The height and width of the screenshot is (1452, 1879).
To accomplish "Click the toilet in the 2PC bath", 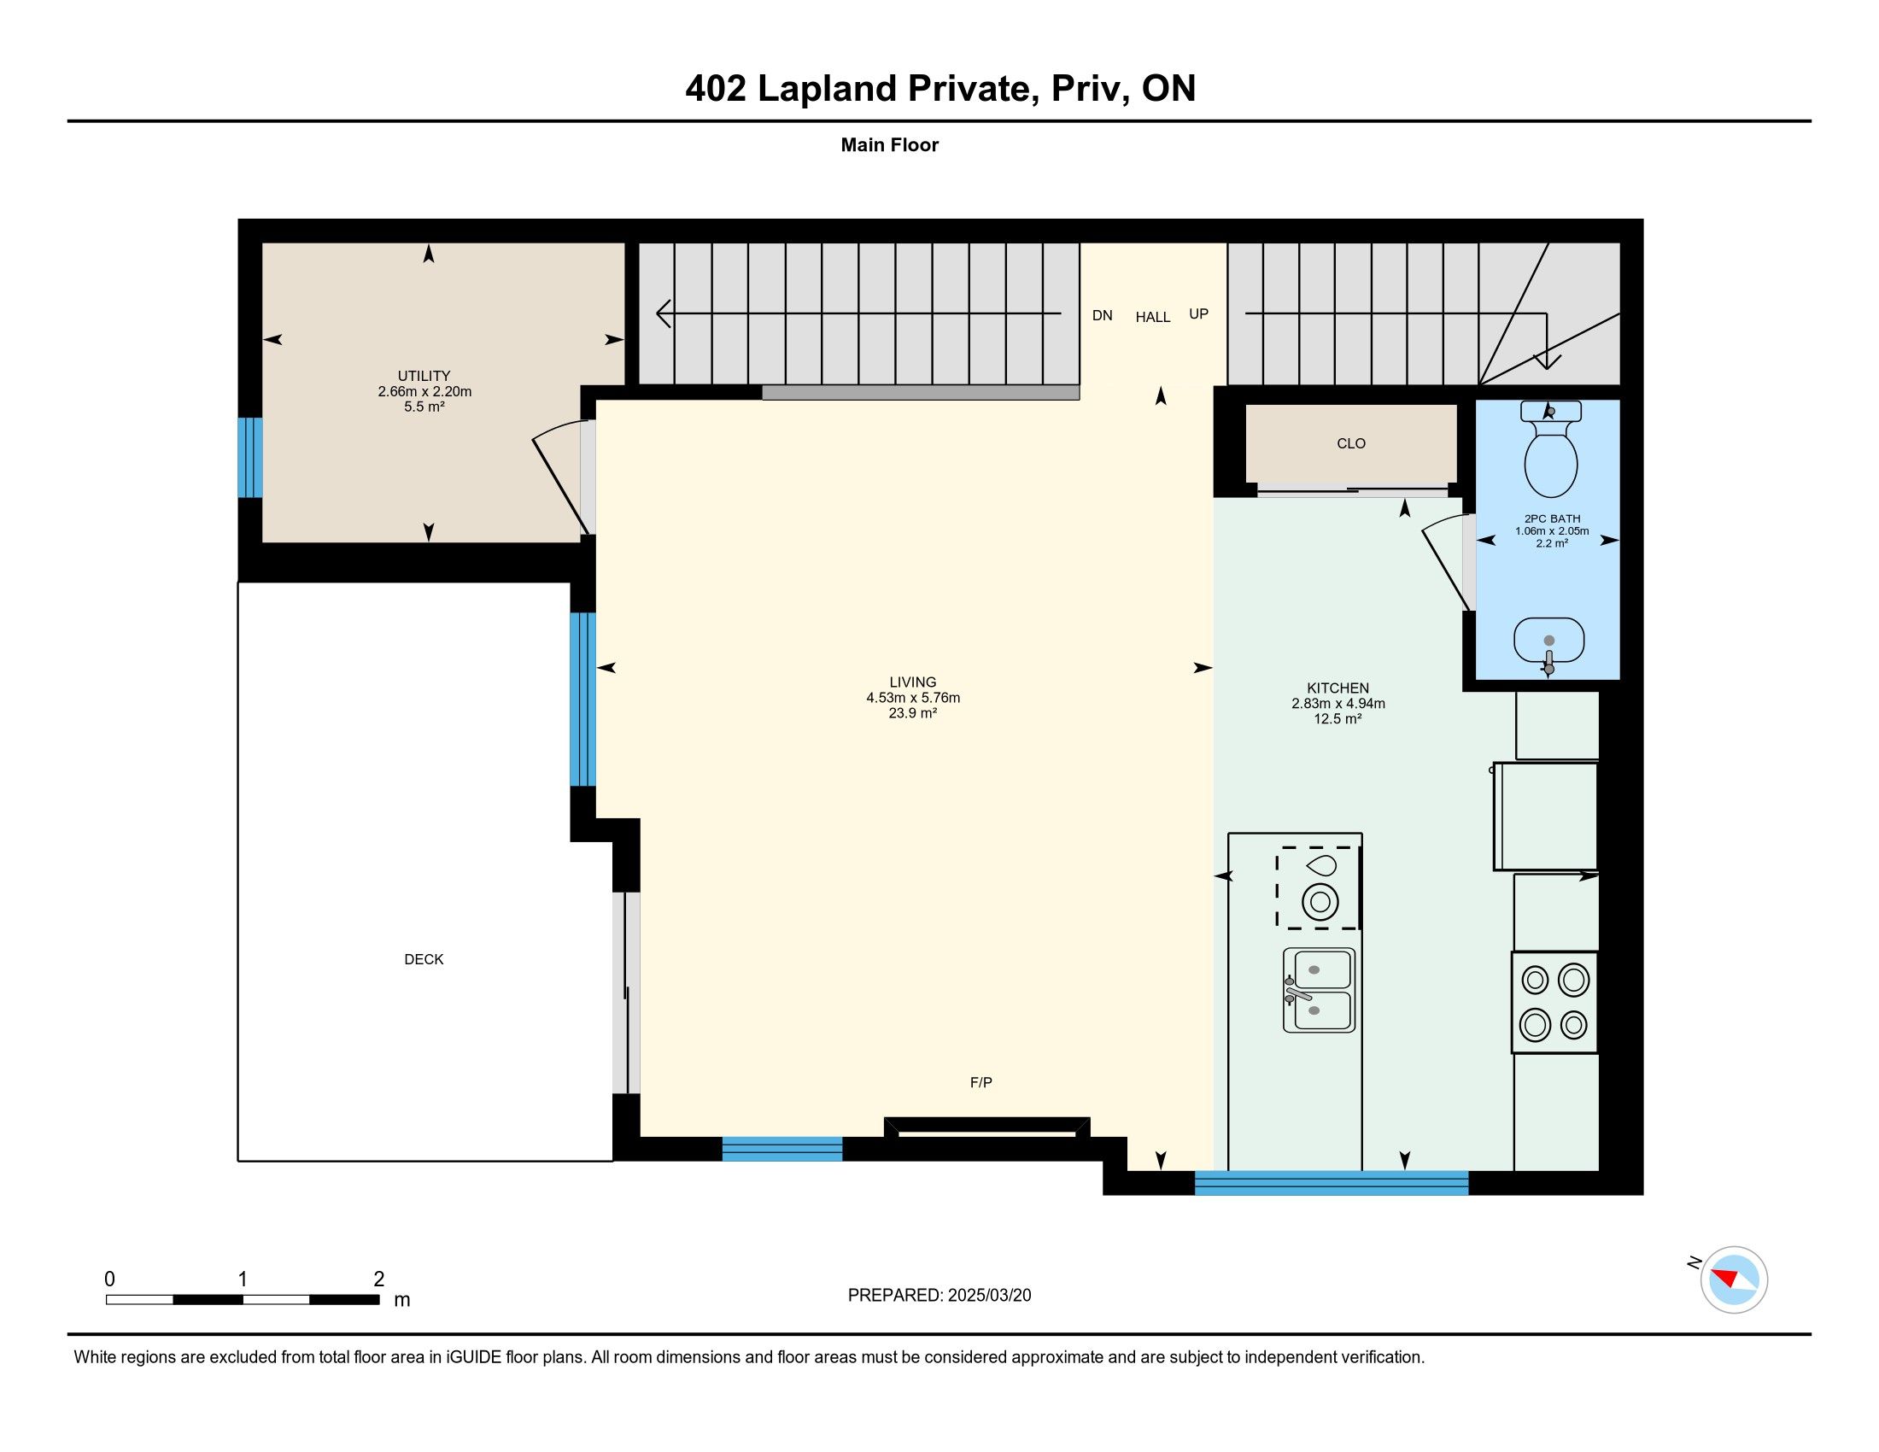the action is [x=1550, y=449].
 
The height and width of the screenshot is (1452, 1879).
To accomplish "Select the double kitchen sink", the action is [x=1318, y=990].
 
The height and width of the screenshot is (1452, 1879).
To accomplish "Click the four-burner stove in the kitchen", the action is [x=1554, y=1002].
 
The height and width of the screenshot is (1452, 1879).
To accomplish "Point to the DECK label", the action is [x=424, y=959].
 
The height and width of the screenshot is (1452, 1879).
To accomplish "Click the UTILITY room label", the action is [x=424, y=376].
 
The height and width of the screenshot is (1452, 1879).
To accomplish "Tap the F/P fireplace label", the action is [x=980, y=1082].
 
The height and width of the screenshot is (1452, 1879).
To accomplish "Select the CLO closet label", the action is [x=1351, y=443].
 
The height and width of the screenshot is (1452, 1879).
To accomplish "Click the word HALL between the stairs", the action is [x=1153, y=318].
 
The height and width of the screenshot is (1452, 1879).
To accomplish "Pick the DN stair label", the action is [x=1102, y=316].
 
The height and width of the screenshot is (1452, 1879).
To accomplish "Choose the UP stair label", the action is [x=1198, y=314].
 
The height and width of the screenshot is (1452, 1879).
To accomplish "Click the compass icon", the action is [x=1734, y=1279].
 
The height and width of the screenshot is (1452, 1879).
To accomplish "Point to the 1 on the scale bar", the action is [x=243, y=1279].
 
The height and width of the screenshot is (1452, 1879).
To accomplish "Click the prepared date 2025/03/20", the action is [x=989, y=1296].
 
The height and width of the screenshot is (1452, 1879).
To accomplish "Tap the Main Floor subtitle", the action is [x=890, y=144].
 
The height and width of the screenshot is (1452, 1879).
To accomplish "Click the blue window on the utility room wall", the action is [x=249, y=458].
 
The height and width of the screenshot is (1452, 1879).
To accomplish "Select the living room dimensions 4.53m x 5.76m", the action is [x=913, y=698].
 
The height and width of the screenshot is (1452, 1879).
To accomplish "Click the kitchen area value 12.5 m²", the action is [x=1338, y=719].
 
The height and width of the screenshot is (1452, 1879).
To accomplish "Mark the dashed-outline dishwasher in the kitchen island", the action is [x=1318, y=887].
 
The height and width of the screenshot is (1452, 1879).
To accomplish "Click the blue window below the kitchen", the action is [x=1332, y=1183].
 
